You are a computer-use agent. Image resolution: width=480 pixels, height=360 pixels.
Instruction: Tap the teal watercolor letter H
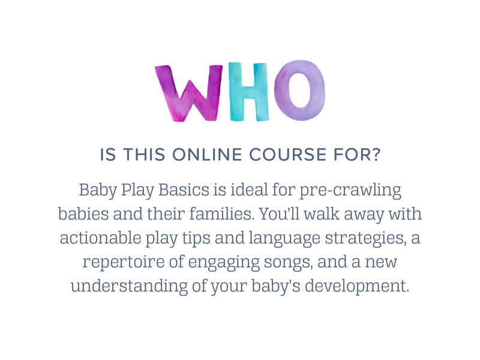pos(249,92)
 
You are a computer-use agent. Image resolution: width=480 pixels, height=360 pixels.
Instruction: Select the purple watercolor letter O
pos(299,91)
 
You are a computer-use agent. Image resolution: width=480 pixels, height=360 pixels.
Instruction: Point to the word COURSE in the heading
pos(288,155)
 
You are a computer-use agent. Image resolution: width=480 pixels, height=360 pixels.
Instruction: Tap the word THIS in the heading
pos(144,155)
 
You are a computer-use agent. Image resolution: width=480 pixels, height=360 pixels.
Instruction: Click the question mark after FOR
pos(376,154)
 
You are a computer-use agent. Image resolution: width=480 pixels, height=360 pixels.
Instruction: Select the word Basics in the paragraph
pos(184,190)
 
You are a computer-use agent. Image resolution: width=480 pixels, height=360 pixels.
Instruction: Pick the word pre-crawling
pos(350,191)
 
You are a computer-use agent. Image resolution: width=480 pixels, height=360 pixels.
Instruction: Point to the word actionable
pos(100,238)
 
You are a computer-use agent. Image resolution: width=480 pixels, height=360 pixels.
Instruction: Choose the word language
pos(284,239)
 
